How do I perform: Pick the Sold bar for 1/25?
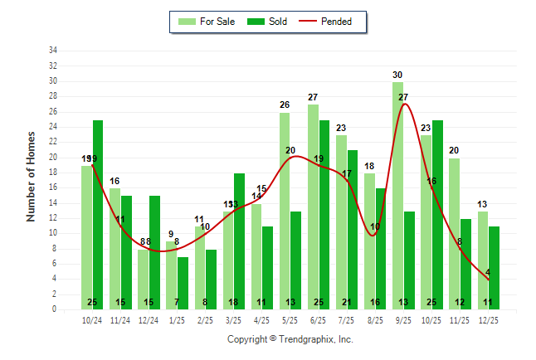click(x=183, y=283)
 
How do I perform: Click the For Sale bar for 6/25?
click(x=313, y=207)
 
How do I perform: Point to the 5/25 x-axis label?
click(x=290, y=319)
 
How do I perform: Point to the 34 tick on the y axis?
click(x=53, y=50)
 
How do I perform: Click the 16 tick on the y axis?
click(x=53, y=187)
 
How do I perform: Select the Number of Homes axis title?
click(x=32, y=176)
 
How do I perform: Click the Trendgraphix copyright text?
click(x=290, y=339)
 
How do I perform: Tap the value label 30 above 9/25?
click(x=398, y=75)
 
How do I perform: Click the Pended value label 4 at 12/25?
click(x=488, y=272)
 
